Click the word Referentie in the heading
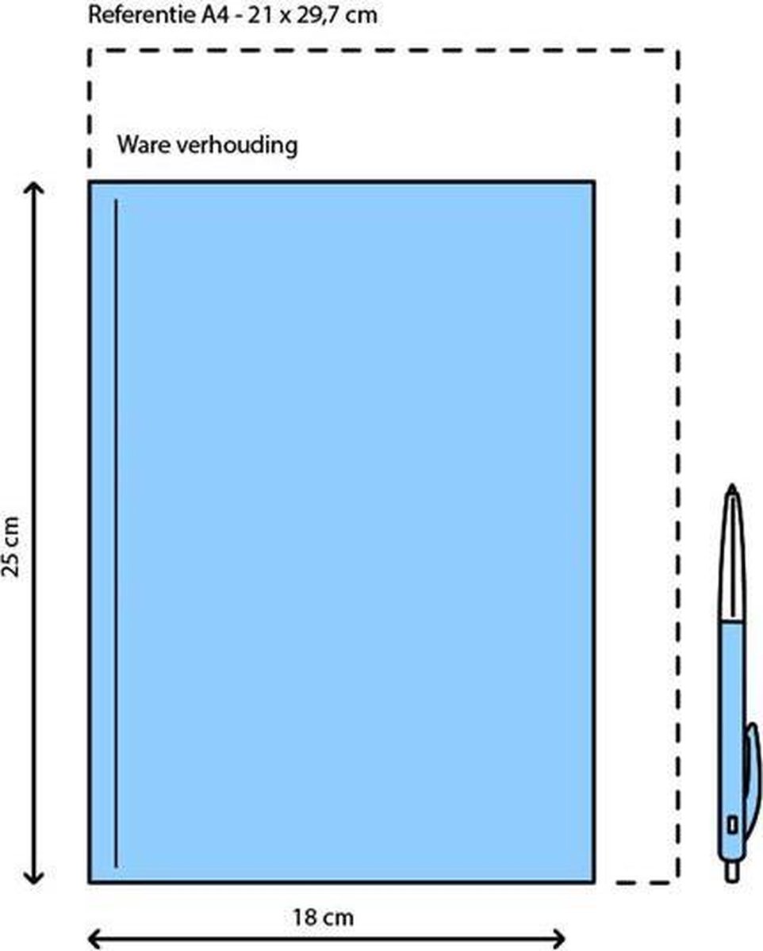pos(142,16)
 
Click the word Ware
pos(144,144)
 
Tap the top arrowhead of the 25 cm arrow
pos(34,187)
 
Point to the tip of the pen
pos(732,485)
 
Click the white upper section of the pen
pos(732,557)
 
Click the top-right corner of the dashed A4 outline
pos(678,51)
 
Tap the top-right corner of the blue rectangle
pos(594,181)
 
